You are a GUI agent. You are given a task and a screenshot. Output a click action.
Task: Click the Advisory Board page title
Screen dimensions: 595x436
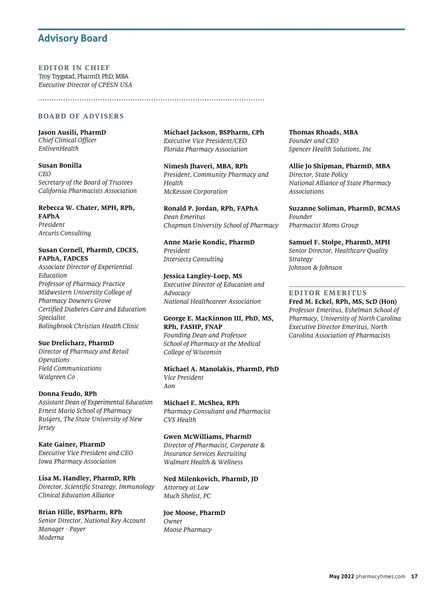tap(73, 39)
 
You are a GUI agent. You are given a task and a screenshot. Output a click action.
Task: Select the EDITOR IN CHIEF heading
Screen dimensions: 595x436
tap(74, 68)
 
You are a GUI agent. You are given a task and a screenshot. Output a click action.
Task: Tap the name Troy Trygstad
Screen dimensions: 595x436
tap(57, 77)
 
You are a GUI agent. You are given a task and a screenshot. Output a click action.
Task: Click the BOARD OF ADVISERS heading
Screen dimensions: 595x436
tap(81, 116)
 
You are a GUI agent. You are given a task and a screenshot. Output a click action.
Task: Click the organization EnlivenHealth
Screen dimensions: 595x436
tap(58, 149)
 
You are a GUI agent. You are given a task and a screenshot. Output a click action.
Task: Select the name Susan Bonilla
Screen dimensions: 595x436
tap(60, 166)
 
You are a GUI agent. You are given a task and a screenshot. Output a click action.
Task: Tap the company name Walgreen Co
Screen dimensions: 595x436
tap(57, 377)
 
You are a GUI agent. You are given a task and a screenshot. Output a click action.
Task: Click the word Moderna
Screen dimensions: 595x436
tap(51, 538)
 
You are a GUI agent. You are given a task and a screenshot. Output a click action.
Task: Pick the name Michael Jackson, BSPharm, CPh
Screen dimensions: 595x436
tap(214, 132)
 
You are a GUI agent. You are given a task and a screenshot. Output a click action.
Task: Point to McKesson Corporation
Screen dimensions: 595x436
tap(195, 191)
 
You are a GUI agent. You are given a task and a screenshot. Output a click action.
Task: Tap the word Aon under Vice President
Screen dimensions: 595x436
tap(169, 386)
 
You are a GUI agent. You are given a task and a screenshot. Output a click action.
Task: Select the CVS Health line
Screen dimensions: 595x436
tap(180, 420)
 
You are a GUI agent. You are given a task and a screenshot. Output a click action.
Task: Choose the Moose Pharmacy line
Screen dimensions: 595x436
tap(187, 530)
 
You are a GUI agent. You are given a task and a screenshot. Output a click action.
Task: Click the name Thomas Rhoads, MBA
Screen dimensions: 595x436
tap(323, 132)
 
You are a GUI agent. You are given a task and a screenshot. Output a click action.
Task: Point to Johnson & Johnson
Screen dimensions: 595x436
tap(315, 268)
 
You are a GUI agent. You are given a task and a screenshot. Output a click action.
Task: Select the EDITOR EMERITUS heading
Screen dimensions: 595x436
tap(328, 293)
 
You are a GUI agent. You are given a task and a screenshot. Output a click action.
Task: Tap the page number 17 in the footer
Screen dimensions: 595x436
tap(414, 576)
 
